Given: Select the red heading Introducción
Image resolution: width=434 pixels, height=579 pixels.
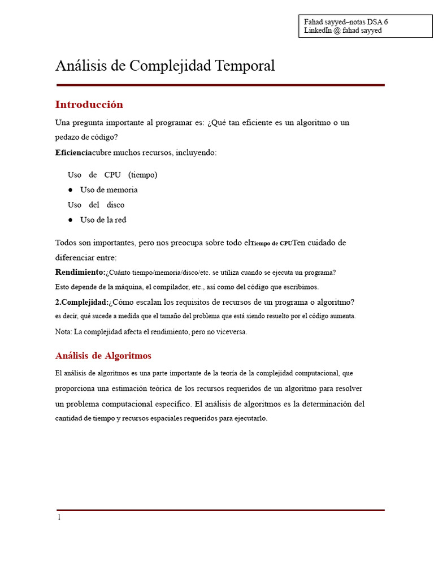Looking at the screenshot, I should pos(89,105).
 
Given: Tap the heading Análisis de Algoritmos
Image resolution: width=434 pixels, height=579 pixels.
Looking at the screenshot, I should pos(103,356).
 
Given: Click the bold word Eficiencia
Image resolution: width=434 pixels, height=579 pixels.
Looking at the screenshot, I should pos(73,153).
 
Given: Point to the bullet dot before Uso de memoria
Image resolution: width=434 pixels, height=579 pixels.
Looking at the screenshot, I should pos(71,190).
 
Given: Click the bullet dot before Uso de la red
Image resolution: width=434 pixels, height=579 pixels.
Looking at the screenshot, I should pos(71,220).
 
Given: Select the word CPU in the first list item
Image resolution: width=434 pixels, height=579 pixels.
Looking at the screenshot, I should pos(112,175).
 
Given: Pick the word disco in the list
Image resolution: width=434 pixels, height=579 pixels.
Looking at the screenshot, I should pos(115,205).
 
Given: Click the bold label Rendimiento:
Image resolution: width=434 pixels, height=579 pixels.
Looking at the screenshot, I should pos(80,272).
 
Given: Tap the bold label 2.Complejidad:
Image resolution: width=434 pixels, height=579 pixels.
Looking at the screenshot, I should pos(82,302).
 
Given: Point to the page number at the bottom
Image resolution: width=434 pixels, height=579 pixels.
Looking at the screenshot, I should pos(58,517).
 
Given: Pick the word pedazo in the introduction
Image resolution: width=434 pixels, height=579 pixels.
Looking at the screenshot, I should pos(69,137).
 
